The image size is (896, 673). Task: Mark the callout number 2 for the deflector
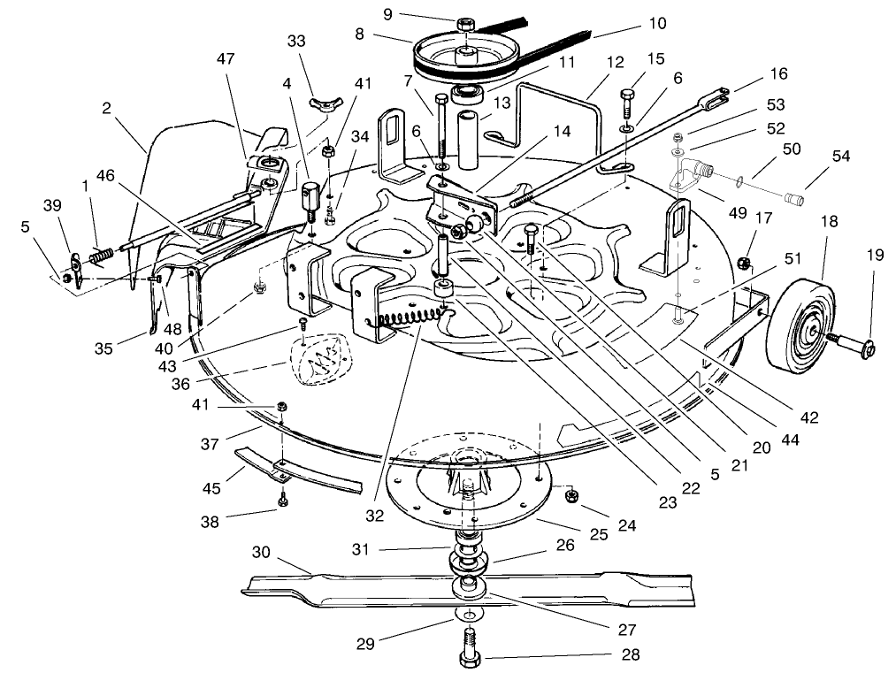[x=107, y=109]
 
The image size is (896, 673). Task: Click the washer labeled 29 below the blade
[x=466, y=614]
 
